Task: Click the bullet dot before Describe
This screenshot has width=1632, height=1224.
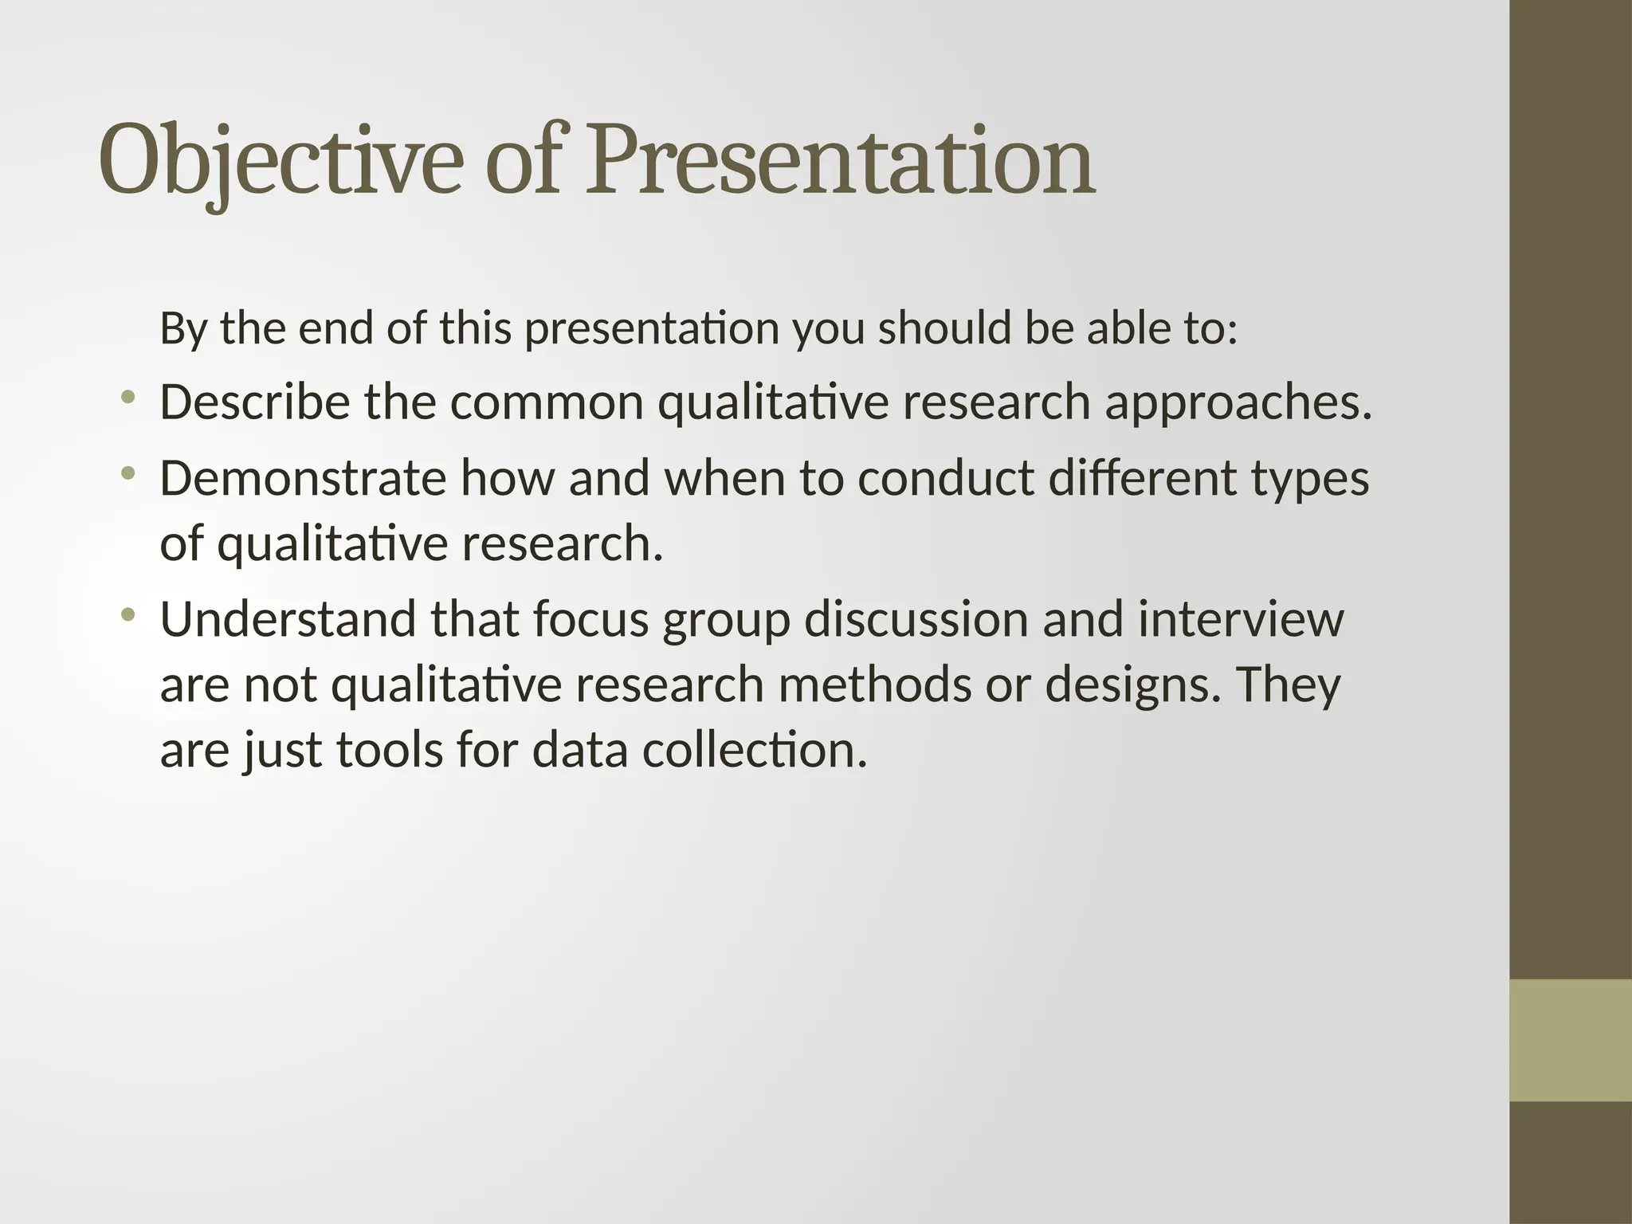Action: pos(127,397)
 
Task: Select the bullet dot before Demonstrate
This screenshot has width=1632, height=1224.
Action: pos(127,473)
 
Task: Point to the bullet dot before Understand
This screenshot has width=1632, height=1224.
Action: pos(127,614)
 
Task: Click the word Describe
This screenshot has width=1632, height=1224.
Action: pos(254,402)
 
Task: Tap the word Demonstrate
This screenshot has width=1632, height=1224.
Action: pos(302,479)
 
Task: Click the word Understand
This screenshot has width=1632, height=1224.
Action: pos(288,619)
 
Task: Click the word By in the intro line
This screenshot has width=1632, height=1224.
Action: pos(182,329)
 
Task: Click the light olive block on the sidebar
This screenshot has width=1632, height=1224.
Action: pos(1571,1040)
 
